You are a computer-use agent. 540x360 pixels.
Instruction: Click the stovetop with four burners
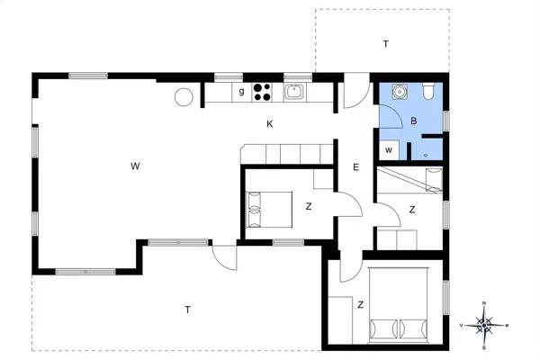pyautogui.click(x=262, y=92)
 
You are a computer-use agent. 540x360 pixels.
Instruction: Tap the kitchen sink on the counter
pyautogui.click(x=295, y=92)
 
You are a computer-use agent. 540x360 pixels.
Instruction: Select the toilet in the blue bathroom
pyautogui.click(x=429, y=91)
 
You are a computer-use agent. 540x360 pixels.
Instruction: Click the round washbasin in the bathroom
pyautogui.click(x=399, y=91)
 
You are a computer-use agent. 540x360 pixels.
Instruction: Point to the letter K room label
pyautogui.click(x=270, y=124)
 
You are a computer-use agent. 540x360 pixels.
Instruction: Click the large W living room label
pyautogui.click(x=135, y=166)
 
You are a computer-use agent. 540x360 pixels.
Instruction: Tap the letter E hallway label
pyautogui.click(x=356, y=167)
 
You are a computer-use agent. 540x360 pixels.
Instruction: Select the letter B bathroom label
pyautogui.click(x=414, y=121)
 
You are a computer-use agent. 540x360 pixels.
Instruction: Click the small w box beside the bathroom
pyautogui.click(x=389, y=150)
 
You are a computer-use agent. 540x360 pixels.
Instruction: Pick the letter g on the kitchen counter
pyautogui.click(x=241, y=91)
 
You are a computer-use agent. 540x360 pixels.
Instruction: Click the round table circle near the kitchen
pyautogui.click(x=184, y=97)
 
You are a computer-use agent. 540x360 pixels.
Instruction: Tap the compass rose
pyautogui.click(x=484, y=325)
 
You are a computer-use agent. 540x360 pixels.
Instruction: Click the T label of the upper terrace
pyautogui.click(x=386, y=44)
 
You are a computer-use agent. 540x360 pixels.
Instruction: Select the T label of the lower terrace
pyautogui.click(x=188, y=310)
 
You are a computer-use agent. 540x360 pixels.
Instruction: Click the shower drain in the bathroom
pyautogui.click(x=426, y=156)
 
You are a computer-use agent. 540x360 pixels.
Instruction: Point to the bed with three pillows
pyautogui.click(x=270, y=210)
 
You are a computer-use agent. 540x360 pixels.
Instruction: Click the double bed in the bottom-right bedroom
pyautogui.click(x=398, y=304)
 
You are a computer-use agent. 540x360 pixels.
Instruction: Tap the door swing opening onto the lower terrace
pyautogui.click(x=224, y=257)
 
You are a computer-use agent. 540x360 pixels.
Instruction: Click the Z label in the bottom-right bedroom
pyautogui.click(x=361, y=305)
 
